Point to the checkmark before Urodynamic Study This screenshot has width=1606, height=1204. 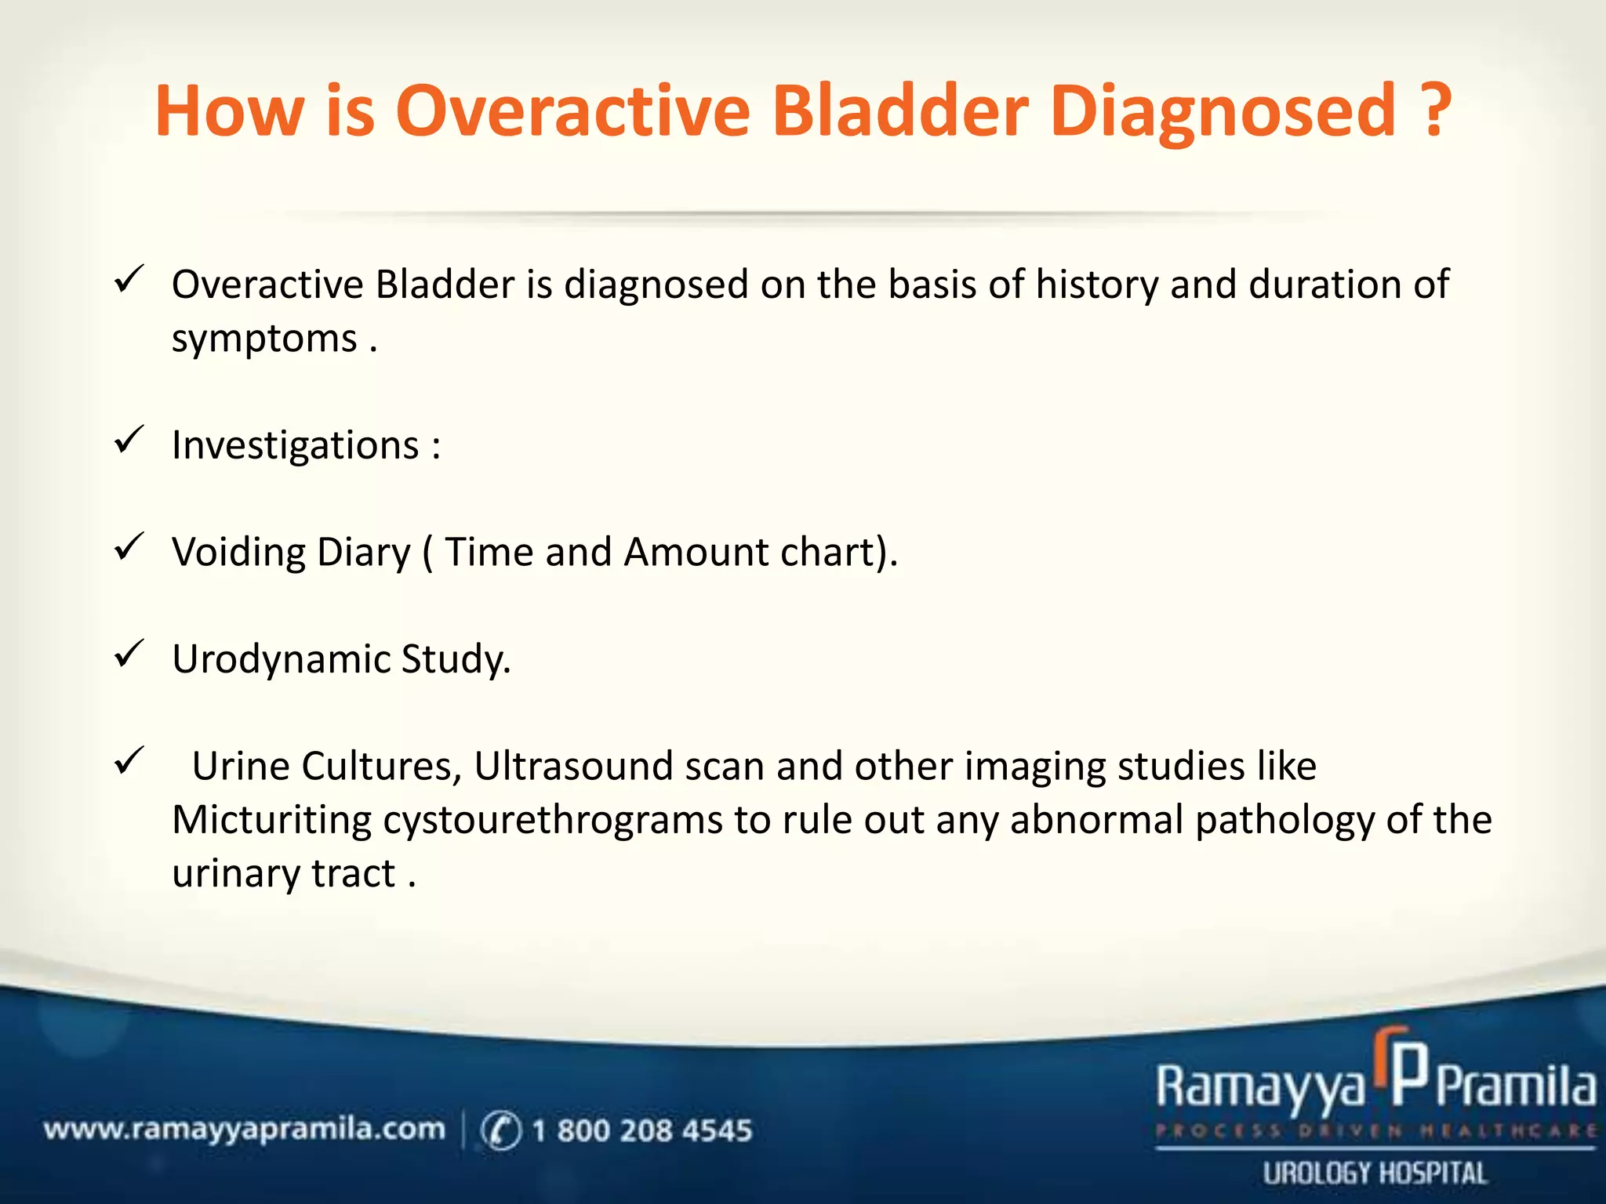click(129, 654)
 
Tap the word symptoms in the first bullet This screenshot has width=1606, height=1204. click(264, 340)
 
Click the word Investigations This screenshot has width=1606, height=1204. click(296, 446)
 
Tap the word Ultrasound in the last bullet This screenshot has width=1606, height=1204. click(573, 767)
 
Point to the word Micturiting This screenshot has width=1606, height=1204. click(271, 821)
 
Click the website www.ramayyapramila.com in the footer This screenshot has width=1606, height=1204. click(244, 1130)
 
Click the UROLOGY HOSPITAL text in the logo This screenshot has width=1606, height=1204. click(1375, 1173)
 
